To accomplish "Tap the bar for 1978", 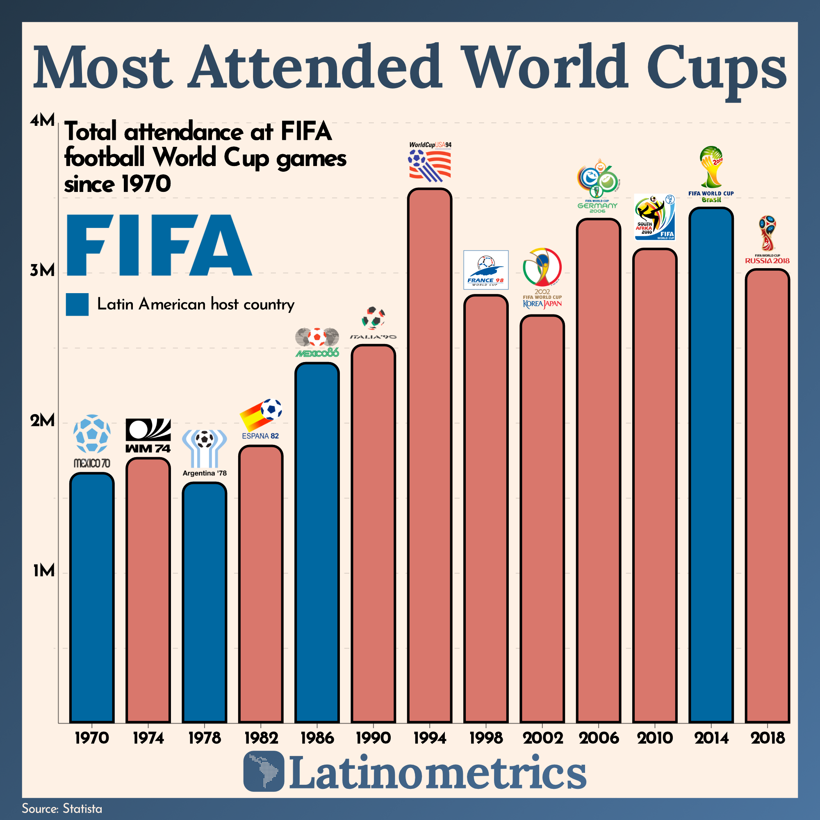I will [x=204, y=603].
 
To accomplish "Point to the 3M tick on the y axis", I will [x=43, y=270].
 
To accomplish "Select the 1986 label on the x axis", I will [x=317, y=738].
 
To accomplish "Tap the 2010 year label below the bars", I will [x=655, y=738].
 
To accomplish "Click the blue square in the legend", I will [x=77, y=304].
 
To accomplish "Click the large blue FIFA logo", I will [x=159, y=245].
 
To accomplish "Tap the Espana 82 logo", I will [x=261, y=418].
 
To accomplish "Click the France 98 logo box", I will [x=485, y=270].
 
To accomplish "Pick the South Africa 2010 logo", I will [x=654, y=216].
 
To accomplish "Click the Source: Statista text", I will [x=62, y=809].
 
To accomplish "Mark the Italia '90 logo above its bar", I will [x=373, y=323].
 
